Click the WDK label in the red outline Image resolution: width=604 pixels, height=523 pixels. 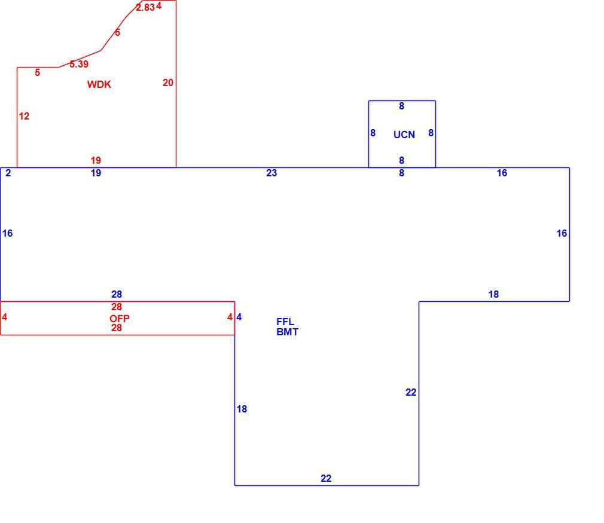pyautogui.click(x=99, y=84)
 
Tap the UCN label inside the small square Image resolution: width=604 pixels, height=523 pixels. pyautogui.click(x=404, y=134)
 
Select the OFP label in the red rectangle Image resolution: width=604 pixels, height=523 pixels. pyautogui.click(x=120, y=319)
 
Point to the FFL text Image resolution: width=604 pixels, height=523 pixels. pyautogui.click(x=285, y=322)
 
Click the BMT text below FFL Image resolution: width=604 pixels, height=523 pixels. pyautogui.click(x=288, y=332)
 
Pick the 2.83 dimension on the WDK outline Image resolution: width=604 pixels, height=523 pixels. pyautogui.click(x=145, y=7)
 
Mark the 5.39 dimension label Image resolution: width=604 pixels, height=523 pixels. pyautogui.click(x=79, y=65)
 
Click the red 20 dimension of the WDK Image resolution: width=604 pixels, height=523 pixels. pyautogui.click(x=168, y=83)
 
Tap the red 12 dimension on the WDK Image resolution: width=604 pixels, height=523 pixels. pyautogui.click(x=24, y=116)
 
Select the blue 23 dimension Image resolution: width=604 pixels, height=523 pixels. pyautogui.click(x=272, y=173)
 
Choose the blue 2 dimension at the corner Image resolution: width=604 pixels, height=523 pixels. pyautogui.click(x=8, y=173)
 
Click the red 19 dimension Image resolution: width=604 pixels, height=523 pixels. pyautogui.click(x=96, y=160)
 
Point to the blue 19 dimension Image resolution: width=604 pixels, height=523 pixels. pyautogui.click(x=96, y=173)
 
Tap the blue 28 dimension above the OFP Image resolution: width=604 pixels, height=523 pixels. pyautogui.click(x=117, y=294)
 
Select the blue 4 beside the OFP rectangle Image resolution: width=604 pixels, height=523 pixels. pyautogui.click(x=239, y=317)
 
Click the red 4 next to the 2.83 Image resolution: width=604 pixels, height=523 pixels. pyautogui.click(x=158, y=6)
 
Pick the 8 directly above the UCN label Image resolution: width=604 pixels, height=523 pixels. pyautogui.click(x=401, y=106)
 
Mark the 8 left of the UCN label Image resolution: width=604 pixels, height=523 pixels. pyautogui.click(x=373, y=133)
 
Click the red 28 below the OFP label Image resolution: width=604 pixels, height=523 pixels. pyautogui.click(x=117, y=328)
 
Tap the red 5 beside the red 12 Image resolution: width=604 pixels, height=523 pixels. pyautogui.click(x=37, y=72)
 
